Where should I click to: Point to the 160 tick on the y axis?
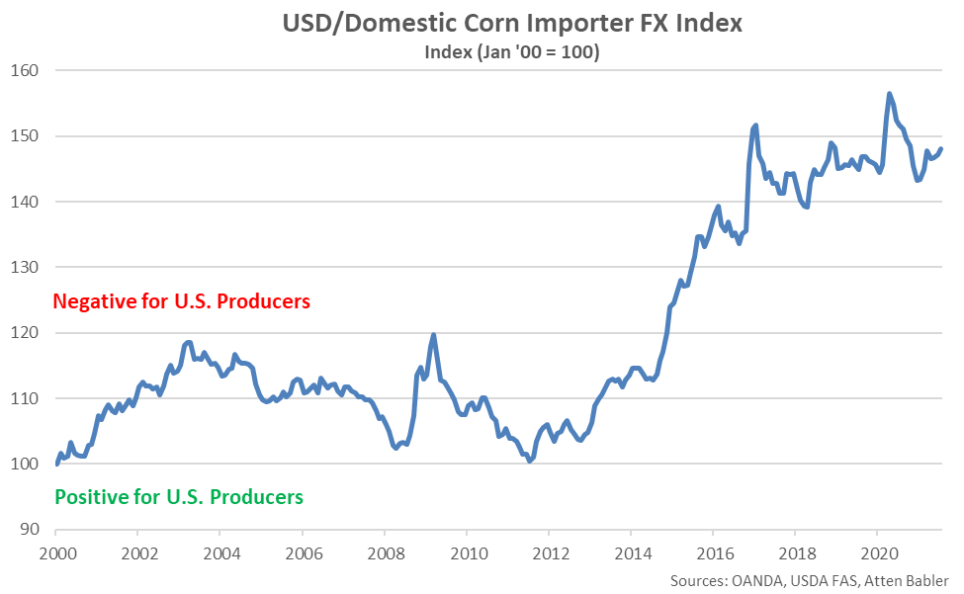27,71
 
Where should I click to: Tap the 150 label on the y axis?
27,136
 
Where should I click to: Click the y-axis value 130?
27,268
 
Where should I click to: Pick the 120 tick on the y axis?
27,333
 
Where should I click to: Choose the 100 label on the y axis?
27,464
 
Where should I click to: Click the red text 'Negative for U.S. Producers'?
182,300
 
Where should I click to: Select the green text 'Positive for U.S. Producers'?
179,496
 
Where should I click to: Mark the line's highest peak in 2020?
890,94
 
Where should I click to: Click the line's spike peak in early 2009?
433,335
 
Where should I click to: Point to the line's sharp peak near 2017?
755,126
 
